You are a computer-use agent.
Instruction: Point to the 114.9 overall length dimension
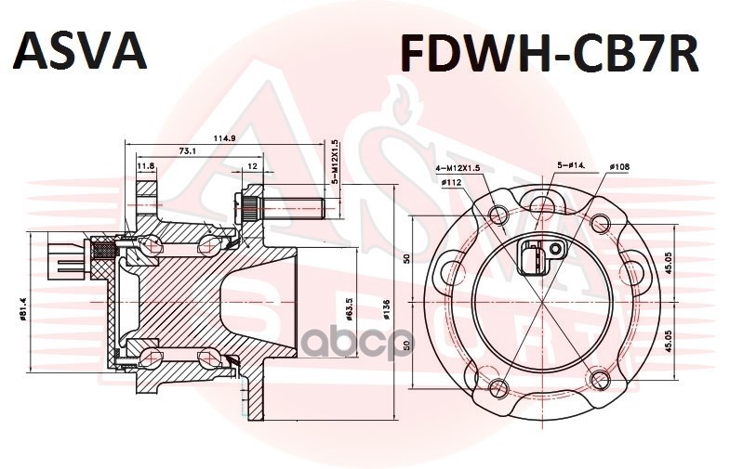coord(224,138)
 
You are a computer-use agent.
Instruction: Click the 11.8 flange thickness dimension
coord(146,167)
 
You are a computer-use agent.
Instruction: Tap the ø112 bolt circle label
coord(453,182)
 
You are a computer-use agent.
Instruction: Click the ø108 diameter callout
coord(618,167)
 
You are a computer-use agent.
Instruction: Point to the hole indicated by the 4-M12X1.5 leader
coord(498,216)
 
